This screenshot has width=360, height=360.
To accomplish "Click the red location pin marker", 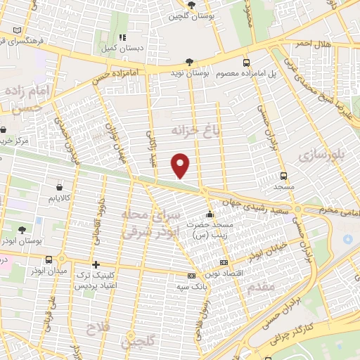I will click(181, 165).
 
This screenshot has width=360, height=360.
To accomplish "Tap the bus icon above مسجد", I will click(283, 176).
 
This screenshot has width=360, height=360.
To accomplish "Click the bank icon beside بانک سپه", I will click(191, 276).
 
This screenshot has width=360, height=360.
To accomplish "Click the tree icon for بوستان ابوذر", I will click(22, 230).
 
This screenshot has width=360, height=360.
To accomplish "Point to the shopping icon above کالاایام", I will click(58, 188).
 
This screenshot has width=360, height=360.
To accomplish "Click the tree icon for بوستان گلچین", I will click(191, 4).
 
